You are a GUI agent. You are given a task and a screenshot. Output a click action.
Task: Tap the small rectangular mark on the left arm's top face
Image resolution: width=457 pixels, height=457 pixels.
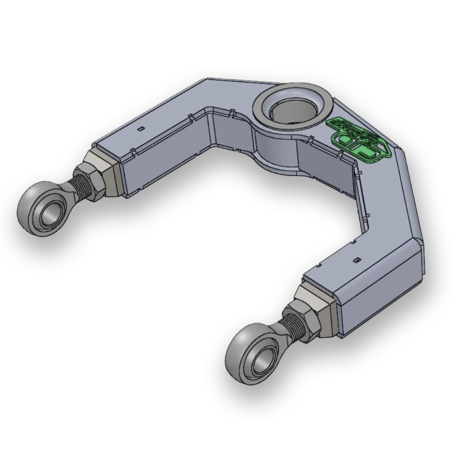141,128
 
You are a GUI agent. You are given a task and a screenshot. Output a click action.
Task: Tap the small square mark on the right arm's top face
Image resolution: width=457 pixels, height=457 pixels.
357,260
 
